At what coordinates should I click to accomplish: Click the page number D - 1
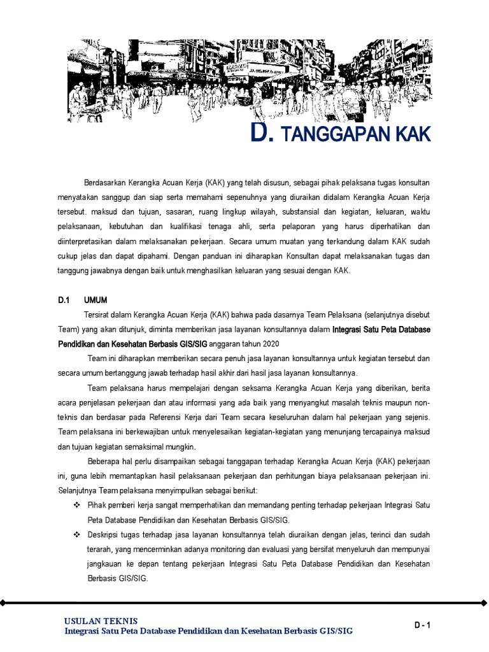(x=423, y=626)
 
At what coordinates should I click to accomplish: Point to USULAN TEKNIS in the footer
(x=101, y=621)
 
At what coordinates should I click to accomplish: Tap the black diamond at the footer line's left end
(x=3, y=602)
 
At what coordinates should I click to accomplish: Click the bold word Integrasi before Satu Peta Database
(x=351, y=329)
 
